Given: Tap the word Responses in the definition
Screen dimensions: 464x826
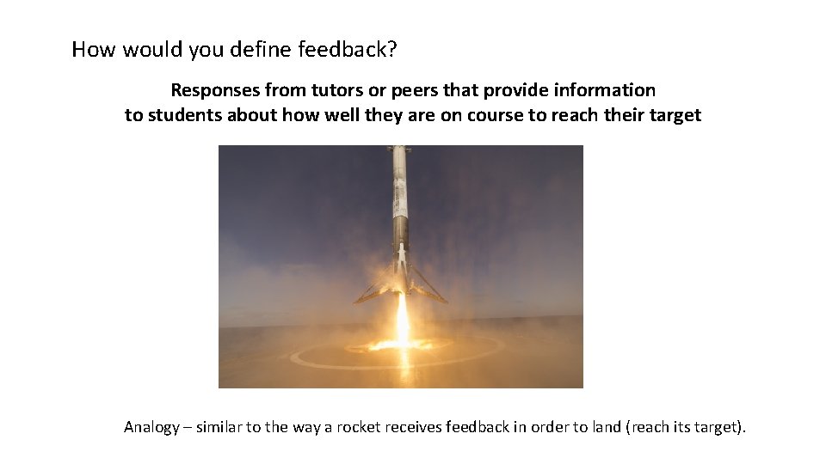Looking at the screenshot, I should tap(216, 90).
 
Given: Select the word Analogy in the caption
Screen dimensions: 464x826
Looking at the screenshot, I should tap(152, 427).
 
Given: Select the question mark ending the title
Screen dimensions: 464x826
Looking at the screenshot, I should tap(392, 50).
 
